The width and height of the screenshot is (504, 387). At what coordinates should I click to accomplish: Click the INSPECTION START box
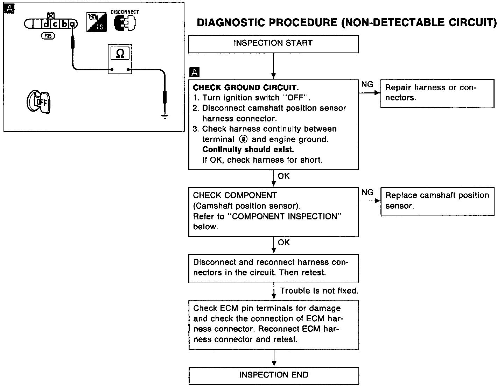tap(273, 43)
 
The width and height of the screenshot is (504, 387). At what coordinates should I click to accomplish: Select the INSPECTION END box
tap(274, 375)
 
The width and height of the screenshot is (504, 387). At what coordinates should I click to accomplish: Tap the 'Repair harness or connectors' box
tap(437, 93)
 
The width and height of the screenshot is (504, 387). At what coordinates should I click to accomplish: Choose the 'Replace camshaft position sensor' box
tap(437, 201)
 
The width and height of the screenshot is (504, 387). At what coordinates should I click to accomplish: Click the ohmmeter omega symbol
tap(120, 54)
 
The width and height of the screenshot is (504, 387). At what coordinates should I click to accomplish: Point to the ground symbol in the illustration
tap(164, 117)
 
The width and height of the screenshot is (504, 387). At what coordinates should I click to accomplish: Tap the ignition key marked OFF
tap(38, 102)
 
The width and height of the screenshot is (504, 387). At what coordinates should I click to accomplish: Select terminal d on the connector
tap(47, 24)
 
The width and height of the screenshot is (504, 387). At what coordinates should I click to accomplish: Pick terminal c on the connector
tap(55, 24)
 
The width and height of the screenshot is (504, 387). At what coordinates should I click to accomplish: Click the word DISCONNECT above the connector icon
tap(125, 12)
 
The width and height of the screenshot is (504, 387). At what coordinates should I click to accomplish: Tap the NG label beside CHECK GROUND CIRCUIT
tap(367, 84)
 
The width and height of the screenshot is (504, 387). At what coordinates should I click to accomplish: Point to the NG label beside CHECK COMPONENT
tap(367, 192)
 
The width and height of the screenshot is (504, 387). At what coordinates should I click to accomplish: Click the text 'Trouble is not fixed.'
tap(319, 291)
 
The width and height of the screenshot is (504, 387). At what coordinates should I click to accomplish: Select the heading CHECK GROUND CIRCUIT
tap(246, 87)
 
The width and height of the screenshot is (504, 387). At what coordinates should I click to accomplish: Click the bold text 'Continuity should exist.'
tap(248, 150)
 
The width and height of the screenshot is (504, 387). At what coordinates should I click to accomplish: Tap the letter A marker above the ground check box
tap(194, 72)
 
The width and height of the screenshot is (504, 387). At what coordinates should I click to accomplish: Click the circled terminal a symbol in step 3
tap(243, 139)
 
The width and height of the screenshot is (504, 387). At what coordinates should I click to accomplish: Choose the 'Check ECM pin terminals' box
tap(274, 324)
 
